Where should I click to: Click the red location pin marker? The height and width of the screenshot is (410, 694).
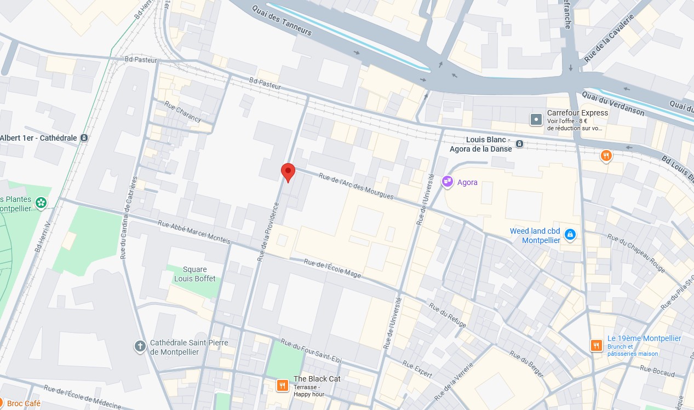click(288, 172)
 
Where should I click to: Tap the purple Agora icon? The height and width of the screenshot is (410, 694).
click(448, 182)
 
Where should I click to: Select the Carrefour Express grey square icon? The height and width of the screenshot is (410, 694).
click(536, 119)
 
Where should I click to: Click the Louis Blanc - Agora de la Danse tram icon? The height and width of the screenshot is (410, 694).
click(519, 144)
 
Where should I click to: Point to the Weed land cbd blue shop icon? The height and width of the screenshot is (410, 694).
click(570, 234)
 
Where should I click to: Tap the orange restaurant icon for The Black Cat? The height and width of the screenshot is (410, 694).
click(282, 385)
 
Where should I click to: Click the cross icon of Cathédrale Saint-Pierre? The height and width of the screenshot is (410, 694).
click(140, 346)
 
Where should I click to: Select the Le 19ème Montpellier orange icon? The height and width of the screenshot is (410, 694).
click(596, 345)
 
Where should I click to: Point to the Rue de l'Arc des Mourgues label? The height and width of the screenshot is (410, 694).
click(356, 186)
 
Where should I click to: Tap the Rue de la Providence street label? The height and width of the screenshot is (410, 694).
click(268, 231)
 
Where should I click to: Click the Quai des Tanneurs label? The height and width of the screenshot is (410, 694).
click(282, 21)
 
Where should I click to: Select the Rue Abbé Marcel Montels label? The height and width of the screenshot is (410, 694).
click(194, 232)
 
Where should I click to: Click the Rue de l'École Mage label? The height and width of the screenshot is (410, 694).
click(332, 268)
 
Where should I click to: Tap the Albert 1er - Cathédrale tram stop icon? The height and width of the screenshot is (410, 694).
click(84, 138)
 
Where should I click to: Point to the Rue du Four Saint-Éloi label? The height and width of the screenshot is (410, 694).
click(311, 351)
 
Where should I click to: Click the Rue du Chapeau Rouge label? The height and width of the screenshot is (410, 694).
click(635, 253)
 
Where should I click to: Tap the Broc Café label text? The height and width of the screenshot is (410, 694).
click(24, 403)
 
